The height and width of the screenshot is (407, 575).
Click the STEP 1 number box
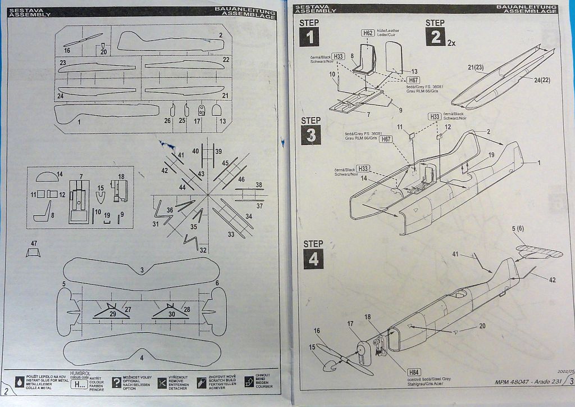coord(309,38)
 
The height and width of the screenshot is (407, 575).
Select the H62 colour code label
coord(367,33)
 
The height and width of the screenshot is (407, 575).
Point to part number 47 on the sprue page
coord(34,251)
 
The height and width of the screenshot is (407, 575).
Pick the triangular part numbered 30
coord(169,311)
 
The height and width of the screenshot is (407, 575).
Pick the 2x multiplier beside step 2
coord(452,42)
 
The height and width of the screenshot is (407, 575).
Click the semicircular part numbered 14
coord(47,178)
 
